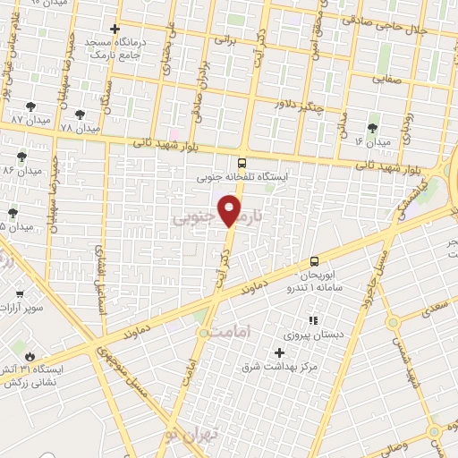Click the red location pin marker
click(x=230, y=211)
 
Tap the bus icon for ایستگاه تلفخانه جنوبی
click(x=242, y=163)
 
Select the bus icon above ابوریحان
click(x=313, y=261)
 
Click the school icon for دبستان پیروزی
click(x=312, y=320)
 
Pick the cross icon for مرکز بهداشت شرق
click(x=280, y=353)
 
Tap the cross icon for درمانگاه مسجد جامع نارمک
click(x=114, y=30)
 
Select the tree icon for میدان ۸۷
click(x=31, y=106)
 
